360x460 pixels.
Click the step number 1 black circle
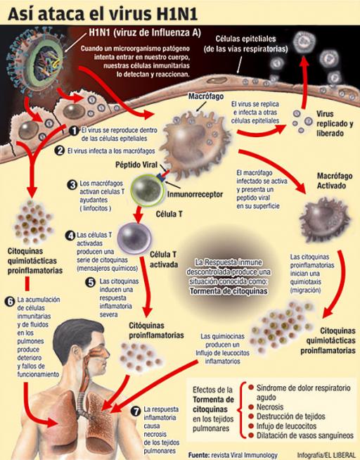pyautogui.click(x=74, y=131)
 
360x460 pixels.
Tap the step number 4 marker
pyautogui.click(x=70, y=236)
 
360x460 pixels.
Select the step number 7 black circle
pyautogui.click(x=136, y=411)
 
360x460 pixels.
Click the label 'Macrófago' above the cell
pyautogui.click(x=206, y=96)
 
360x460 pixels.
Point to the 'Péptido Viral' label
pyautogui.click(x=136, y=165)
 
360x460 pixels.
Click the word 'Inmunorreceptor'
pyautogui.click(x=195, y=194)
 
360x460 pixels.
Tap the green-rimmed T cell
pyautogui.click(x=147, y=190)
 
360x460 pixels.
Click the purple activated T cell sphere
pyautogui.click(x=134, y=238)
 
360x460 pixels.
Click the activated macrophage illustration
pyautogui.click(x=325, y=219)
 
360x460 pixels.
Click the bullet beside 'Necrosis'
pyautogui.click(x=251, y=407)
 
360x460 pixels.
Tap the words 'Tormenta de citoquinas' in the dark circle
pyautogui.click(x=229, y=291)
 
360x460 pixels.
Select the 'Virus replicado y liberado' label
pyautogui.click(x=335, y=124)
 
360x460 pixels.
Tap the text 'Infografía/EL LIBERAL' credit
pyautogui.click(x=326, y=455)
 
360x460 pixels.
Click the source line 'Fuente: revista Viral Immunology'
pyautogui.click(x=233, y=455)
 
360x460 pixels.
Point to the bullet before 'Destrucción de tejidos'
pyautogui.click(x=251, y=416)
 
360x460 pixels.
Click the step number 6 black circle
pyautogui.click(x=11, y=301)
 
